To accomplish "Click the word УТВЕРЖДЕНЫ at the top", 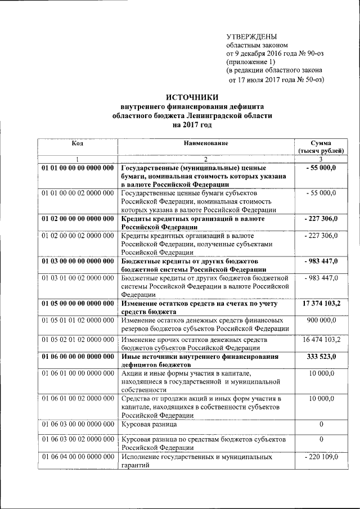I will (251, 36).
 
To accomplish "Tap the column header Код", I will (77, 143).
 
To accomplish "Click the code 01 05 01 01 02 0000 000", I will (77, 321).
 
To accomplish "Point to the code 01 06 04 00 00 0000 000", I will (77, 457).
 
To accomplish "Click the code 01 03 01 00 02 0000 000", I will (77, 278).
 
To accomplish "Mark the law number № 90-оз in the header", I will (309, 53).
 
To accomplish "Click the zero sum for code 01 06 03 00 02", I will (321, 438).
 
